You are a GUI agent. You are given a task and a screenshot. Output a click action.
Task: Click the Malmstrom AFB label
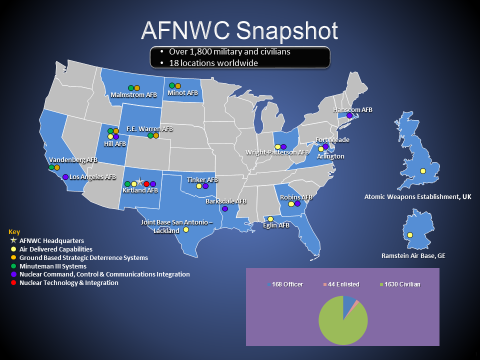click(x=133, y=95)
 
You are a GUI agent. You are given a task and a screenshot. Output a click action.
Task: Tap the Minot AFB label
click(x=183, y=93)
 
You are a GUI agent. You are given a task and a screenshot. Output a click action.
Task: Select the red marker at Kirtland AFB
click(x=146, y=184)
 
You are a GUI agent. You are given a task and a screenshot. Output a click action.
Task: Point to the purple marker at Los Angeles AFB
click(x=65, y=176)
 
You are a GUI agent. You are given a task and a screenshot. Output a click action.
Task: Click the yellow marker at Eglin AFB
click(x=270, y=219)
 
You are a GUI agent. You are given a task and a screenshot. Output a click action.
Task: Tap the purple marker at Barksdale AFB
click(x=225, y=208)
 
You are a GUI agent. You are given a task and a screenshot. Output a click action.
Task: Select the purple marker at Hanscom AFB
click(x=349, y=116)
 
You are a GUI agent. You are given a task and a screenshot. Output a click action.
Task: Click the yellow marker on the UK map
click(x=423, y=171)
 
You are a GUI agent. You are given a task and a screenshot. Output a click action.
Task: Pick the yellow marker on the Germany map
click(x=410, y=235)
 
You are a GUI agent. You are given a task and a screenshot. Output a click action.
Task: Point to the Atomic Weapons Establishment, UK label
click(x=417, y=197)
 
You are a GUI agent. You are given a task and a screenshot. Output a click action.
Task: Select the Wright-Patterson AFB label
click(x=277, y=152)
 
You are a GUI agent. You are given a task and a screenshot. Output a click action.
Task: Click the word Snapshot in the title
click(x=287, y=30)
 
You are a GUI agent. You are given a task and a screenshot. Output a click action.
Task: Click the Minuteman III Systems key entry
click(x=52, y=266)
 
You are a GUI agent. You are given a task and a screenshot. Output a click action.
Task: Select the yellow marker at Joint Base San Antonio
click(x=186, y=230)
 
